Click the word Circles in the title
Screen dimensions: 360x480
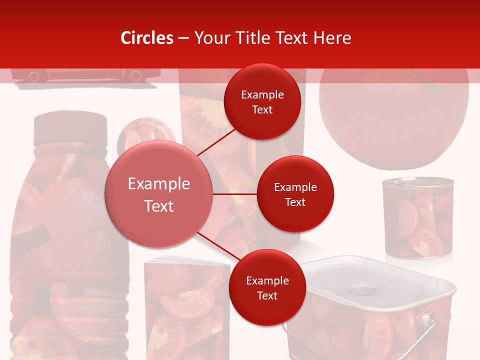[x=147, y=38]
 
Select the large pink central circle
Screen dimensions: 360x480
[x=158, y=194]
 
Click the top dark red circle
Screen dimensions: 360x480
[x=262, y=101]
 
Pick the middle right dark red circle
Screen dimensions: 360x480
[x=295, y=194]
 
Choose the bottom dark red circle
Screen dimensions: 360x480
[x=267, y=287]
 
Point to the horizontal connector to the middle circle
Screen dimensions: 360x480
[x=235, y=194]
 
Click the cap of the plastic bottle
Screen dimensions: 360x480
[x=70, y=129]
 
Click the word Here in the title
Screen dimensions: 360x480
[x=333, y=38]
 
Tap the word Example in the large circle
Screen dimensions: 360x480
[x=158, y=184]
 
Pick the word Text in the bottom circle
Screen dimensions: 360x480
[x=267, y=295]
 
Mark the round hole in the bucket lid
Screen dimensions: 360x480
[x=363, y=290]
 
